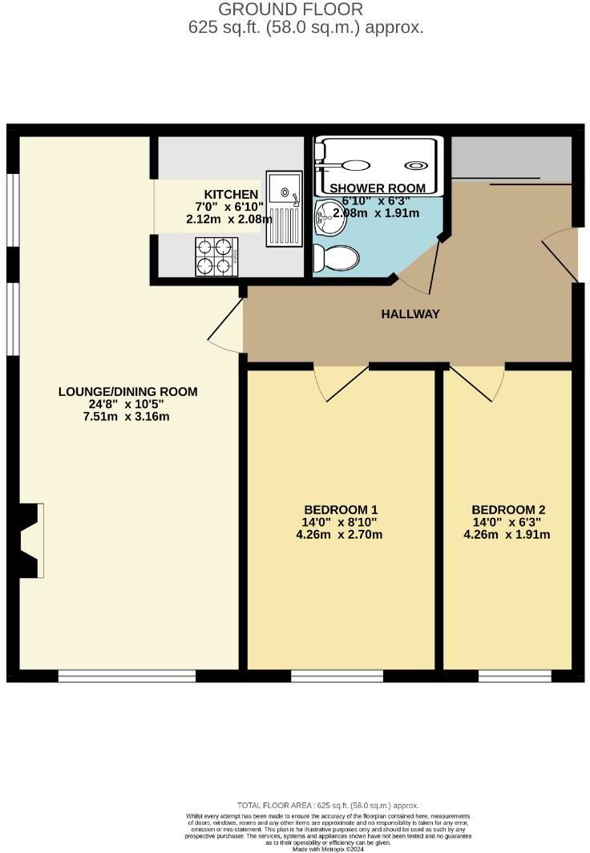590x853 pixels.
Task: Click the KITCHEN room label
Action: click(x=231, y=195)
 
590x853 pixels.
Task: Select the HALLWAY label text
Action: click(x=410, y=314)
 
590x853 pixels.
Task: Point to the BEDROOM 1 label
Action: click(x=341, y=510)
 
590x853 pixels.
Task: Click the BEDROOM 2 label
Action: click(x=508, y=510)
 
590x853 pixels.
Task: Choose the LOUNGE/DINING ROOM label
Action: click(x=127, y=392)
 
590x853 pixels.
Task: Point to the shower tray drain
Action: click(x=417, y=166)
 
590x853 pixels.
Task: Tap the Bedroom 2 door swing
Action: click(x=478, y=382)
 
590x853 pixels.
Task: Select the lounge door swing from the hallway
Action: click(x=228, y=326)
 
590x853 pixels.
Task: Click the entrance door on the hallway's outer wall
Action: click(x=562, y=253)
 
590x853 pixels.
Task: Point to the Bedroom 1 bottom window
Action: click(x=337, y=677)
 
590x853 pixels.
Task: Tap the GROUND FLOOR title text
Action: click(x=290, y=10)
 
